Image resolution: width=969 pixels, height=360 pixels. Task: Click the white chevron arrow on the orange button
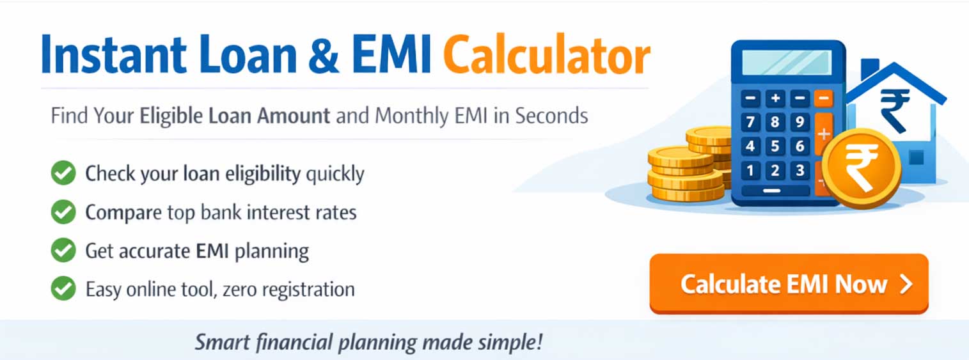tap(906, 285)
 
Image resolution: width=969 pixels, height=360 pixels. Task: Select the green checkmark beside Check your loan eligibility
tap(63, 173)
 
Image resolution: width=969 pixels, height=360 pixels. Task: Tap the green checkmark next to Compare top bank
tap(63, 212)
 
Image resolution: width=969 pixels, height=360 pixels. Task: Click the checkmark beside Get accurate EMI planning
tap(63, 251)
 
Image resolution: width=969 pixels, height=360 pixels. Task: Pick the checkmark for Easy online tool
tap(63, 289)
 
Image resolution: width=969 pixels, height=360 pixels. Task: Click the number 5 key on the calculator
tap(775, 146)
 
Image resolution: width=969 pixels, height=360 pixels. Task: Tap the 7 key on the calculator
tap(751, 122)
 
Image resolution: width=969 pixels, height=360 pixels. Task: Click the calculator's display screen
tap(787, 63)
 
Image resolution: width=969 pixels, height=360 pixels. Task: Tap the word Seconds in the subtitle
tap(551, 116)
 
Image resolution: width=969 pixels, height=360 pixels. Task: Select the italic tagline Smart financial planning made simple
tap(368, 341)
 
